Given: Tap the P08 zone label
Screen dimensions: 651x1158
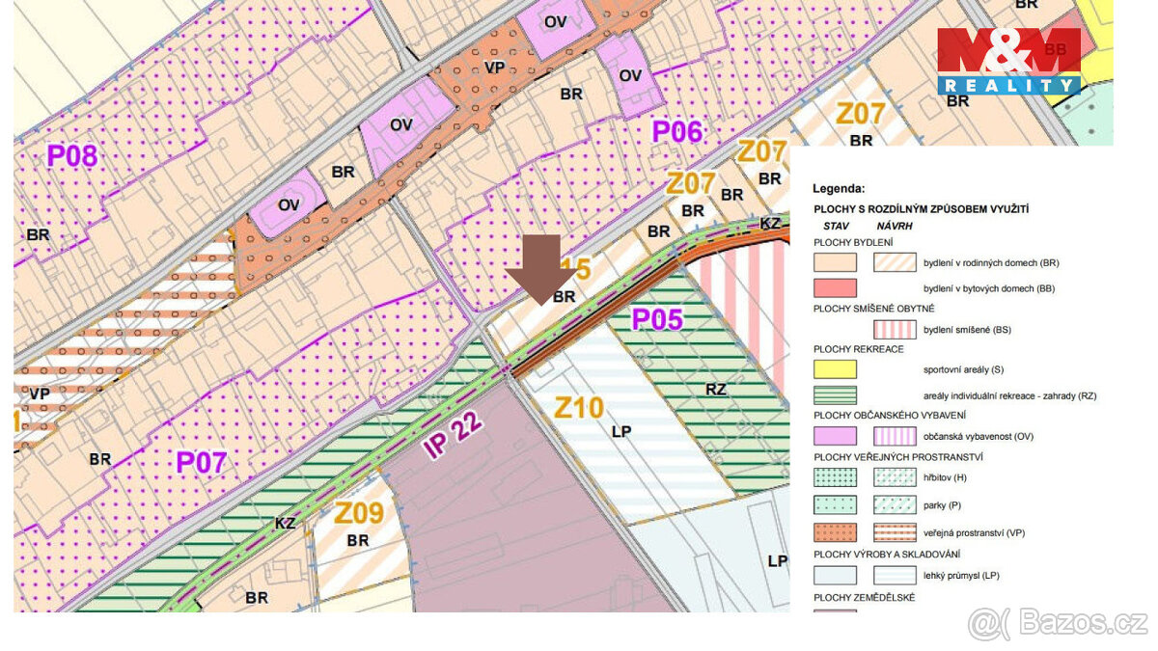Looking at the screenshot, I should pos(72,154).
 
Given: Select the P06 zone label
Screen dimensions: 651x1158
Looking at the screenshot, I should pos(676,131).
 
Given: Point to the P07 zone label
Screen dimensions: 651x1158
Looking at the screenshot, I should pos(201,463).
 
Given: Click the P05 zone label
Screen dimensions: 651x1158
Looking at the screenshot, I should pos(657,319).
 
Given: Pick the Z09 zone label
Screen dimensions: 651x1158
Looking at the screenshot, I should pos(359,514).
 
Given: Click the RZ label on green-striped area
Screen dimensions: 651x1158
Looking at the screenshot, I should pos(715,390).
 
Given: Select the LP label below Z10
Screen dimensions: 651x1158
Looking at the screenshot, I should pos(620,431).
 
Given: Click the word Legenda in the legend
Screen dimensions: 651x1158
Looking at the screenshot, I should pos(839,189).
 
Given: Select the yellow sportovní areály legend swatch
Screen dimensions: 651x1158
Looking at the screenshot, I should pos(835,369).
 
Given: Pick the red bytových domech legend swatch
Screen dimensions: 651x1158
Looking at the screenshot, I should pos(835,288).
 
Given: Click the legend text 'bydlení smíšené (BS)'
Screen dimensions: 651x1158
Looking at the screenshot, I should pos(967,330).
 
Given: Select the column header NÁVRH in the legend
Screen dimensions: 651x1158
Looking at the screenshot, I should pos(894,225).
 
